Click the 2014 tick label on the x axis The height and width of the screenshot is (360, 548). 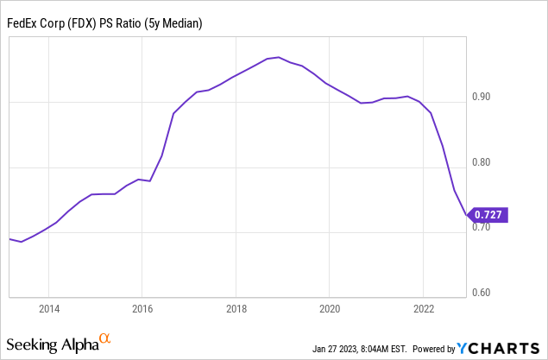[48, 308]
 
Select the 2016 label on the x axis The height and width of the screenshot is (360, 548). [142, 308]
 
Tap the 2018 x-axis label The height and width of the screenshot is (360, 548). [236, 308]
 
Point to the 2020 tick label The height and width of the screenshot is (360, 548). [329, 308]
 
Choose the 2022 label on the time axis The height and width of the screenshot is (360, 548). [423, 308]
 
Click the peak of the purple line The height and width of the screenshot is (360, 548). [275, 57]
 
